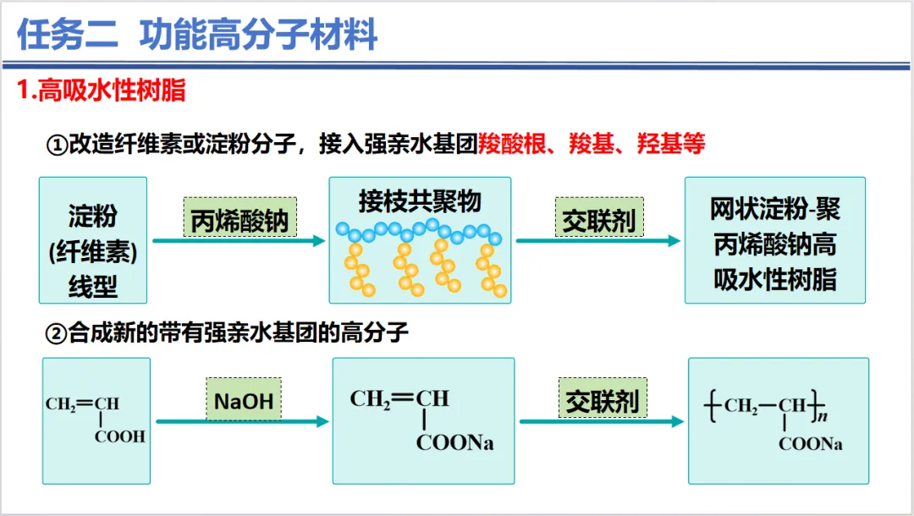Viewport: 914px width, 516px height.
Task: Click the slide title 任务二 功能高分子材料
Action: coord(197,35)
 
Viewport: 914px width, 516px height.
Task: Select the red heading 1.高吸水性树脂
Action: coord(102,91)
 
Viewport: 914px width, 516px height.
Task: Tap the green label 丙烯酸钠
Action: coord(240,222)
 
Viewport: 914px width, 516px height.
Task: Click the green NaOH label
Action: coord(244,400)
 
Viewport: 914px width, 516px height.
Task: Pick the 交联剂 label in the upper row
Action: coord(599,221)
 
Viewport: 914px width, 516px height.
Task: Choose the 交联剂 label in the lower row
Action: coord(603,401)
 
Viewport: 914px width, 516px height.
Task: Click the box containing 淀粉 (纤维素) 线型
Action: coord(93,240)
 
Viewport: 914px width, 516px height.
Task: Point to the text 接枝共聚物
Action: coord(420,201)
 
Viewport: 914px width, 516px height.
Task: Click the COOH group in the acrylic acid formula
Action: coord(119,436)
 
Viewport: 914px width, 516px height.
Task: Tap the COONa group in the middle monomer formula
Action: coord(454,443)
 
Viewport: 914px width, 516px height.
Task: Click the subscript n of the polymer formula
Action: coord(822,415)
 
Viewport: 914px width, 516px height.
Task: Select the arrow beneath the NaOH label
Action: coord(241,421)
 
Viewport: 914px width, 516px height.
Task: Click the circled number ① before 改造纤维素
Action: coord(56,145)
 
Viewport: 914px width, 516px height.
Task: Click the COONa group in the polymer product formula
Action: coord(811,444)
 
